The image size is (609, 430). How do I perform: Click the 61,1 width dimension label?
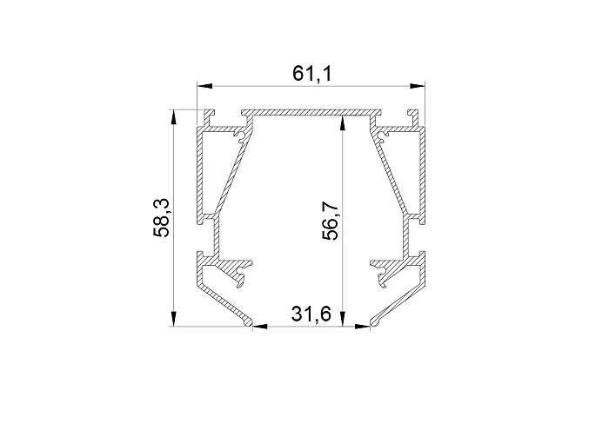pyautogui.click(x=312, y=74)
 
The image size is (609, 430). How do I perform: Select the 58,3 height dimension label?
pyautogui.click(x=160, y=217)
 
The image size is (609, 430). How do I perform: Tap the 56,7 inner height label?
pyautogui.click(x=332, y=221)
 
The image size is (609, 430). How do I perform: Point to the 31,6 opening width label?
pyautogui.click(x=311, y=314)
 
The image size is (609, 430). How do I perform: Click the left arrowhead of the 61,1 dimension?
pyautogui.click(x=204, y=86)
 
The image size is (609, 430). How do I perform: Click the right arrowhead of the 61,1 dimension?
pyautogui.click(x=417, y=86)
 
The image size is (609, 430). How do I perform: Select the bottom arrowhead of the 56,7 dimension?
pyautogui.click(x=342, y=319)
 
